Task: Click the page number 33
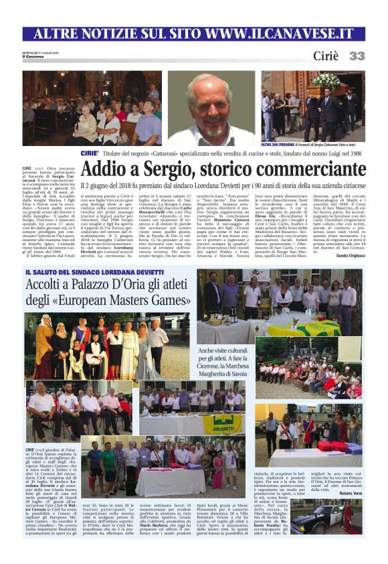(357, 56)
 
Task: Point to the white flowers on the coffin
(326, 81)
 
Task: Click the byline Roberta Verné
(349, 492)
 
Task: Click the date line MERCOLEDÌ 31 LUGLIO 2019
(41, 52)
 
